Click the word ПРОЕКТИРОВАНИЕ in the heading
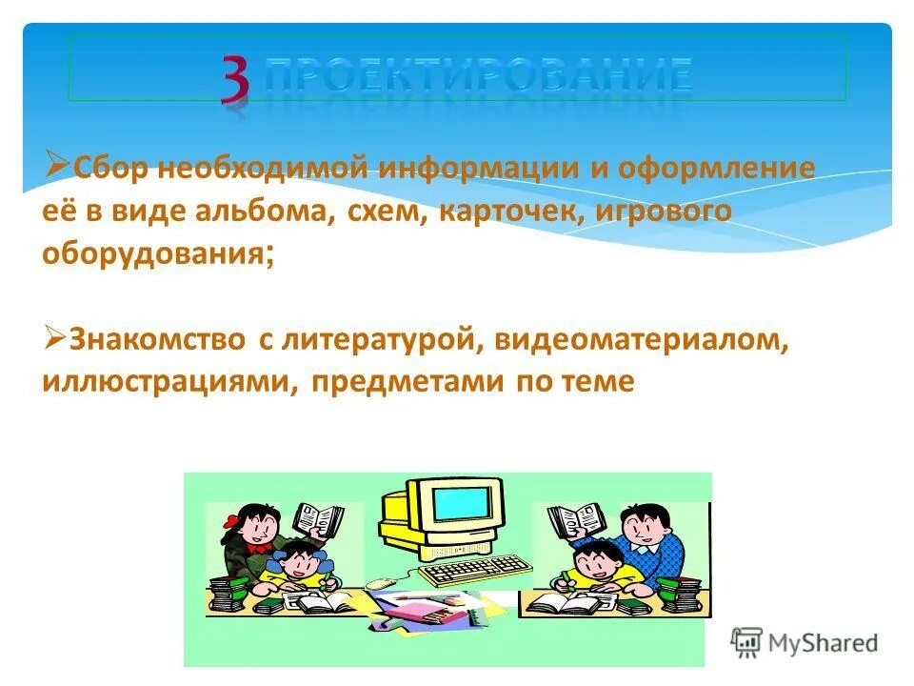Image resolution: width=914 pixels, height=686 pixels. pyautogui.click(x=478, y=75)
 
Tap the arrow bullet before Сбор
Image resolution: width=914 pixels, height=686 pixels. pyautogui.click(x=55, y=166)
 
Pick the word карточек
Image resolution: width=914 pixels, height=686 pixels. pyautogui.click(x=506, y=212)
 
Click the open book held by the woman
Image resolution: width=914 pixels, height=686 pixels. pyautogui.click(x=318, y=520)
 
